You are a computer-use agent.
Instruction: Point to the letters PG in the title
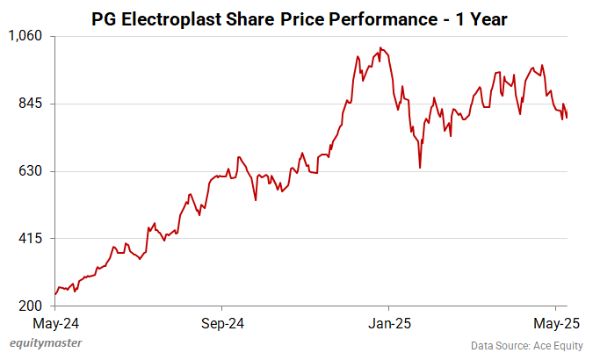point(104,17)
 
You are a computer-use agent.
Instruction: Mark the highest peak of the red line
point(380,47)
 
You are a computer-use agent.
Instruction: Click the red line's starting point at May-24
point(55,294)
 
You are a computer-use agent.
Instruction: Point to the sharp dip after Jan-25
point(420,168)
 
